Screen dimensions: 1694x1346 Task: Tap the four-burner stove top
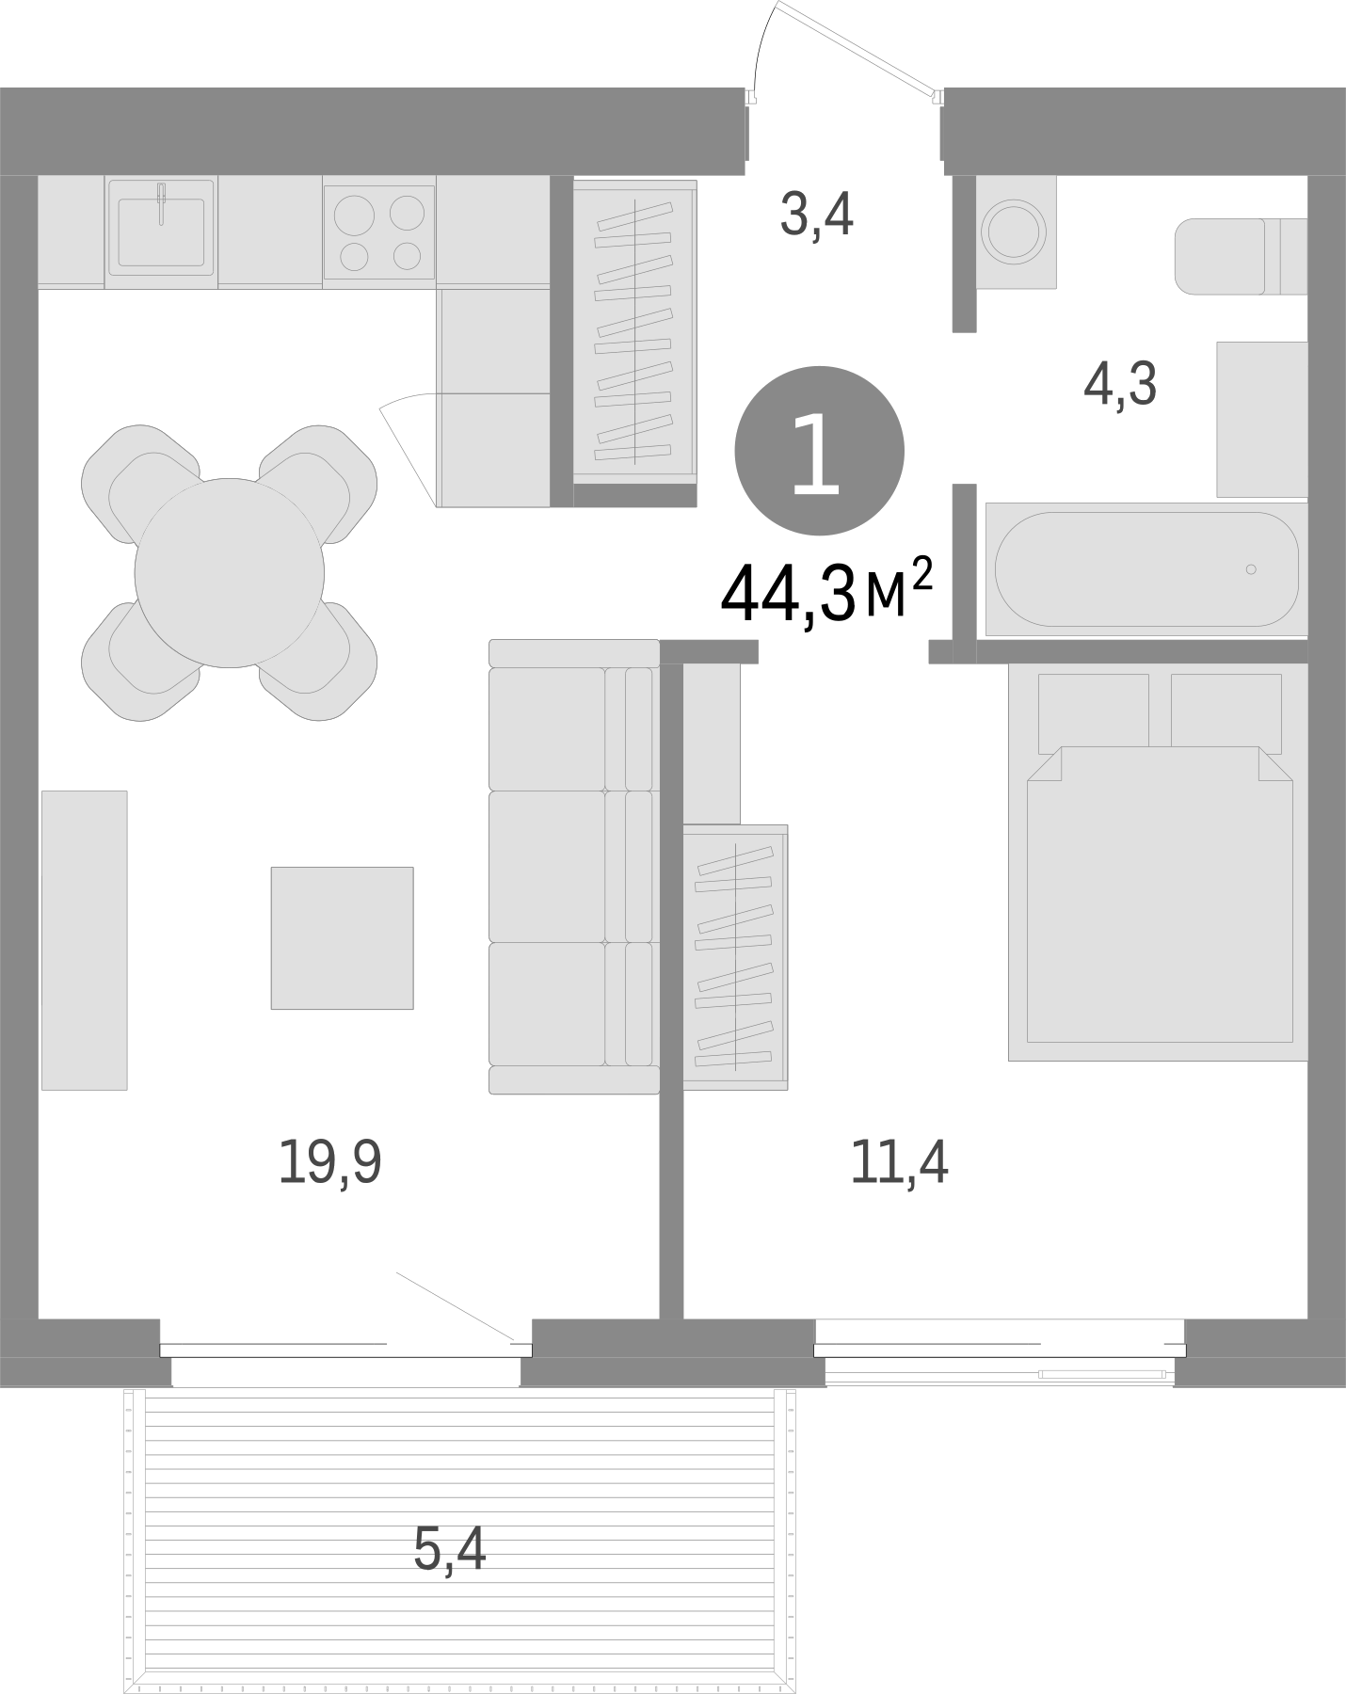pyautogui.click(x=379, y=232)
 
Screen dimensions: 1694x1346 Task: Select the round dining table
pyautogui.click(x=229, y=572)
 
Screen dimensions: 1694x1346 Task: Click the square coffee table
pyautogui.click(x=342, y=937)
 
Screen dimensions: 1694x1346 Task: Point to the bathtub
pyautogui.click(x=1146, y=568)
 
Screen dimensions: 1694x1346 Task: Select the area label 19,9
pyautogui.click(x=329, y=1162)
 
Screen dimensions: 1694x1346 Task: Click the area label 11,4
pyautogui.click(x=899, y=1162)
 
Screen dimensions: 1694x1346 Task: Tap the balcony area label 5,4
pyautogui.click(x=449, y=1548)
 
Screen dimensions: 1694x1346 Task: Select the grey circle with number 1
pyautogui.click(x=819, y=453)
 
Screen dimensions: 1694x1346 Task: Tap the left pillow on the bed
pyautogui.click(x=1093, y=711)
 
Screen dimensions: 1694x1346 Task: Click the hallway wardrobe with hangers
pyautogui.click(x=634, y=332)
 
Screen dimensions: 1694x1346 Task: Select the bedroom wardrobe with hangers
pyautogui.click(x=735, y=957)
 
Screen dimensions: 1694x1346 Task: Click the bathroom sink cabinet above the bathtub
pyautogui.click(x=1261, y=419)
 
